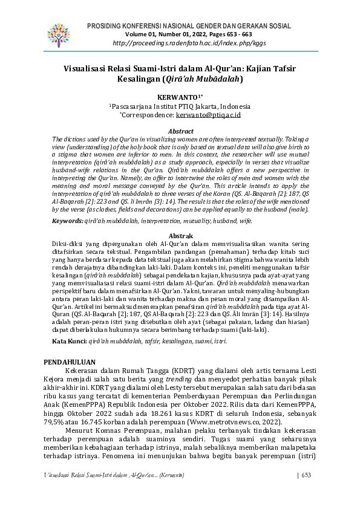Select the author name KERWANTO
179,96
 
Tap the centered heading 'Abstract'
180,131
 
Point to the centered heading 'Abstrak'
180,236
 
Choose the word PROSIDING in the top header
105,26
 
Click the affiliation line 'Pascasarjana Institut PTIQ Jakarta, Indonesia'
180,105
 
